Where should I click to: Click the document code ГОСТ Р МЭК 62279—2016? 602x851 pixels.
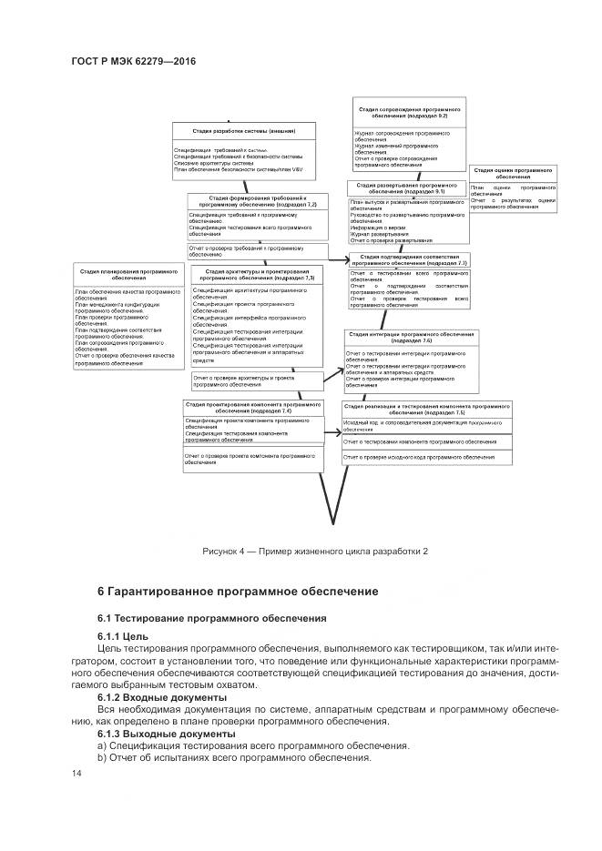[x=133, y=62]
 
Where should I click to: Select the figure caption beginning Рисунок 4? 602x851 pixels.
[x=315, y=552]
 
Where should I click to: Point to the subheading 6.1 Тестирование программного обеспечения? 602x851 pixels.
[x=211, y=618]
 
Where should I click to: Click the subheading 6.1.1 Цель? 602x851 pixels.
[x=123, y=635]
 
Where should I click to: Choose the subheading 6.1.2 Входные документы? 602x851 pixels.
[x=162, y=697]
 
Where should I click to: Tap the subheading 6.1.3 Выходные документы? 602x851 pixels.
[x=166, y=734]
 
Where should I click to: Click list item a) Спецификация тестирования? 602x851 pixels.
[x=232, y=745]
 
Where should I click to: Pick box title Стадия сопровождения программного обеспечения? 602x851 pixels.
[x=408, y=113]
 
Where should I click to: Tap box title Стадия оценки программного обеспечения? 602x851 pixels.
[x=513, y=173]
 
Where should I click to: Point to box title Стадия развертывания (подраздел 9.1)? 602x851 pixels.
[x=407, y=188]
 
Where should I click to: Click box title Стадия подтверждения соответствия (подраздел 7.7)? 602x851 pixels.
[x=408, y=260]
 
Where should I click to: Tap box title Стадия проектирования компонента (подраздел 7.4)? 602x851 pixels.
[x=250, y=408]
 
